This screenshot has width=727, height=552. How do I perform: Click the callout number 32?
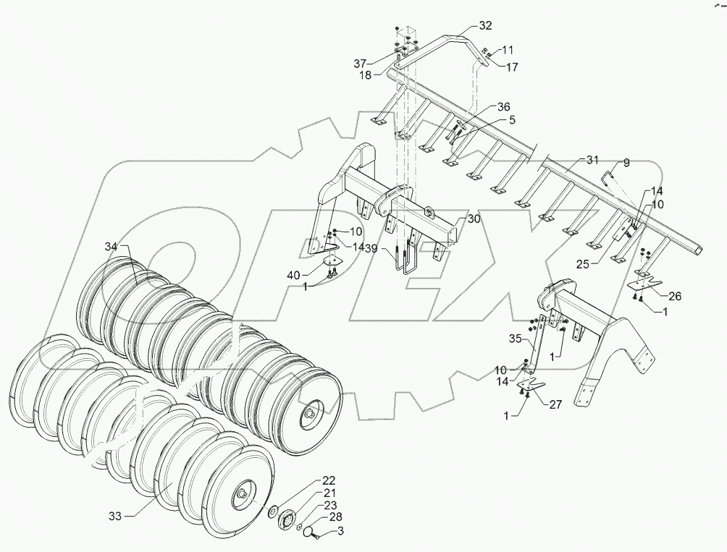485,25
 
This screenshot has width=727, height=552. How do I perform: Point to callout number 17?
511,67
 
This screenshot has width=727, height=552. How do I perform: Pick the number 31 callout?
593,159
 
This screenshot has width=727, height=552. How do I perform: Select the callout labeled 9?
626,163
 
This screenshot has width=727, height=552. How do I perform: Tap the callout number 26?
673,295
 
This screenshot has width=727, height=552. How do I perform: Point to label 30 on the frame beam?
474,219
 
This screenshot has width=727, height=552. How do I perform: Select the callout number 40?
293,276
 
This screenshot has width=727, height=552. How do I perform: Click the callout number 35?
514,339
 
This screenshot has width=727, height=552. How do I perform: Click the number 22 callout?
329,481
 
